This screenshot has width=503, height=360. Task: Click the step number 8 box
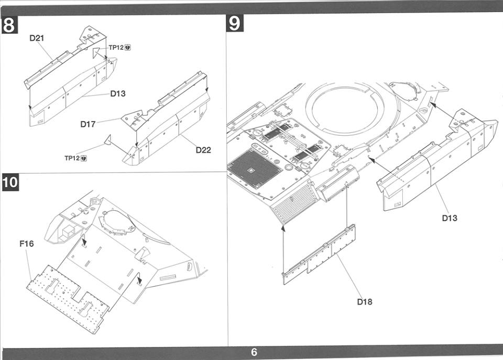point(8,25)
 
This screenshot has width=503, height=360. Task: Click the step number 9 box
point(235,23)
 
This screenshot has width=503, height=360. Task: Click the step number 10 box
point(10,182)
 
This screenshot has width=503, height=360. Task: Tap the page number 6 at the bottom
point(254,352)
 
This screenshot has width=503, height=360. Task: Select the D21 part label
point(37,38)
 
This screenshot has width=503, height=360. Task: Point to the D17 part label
point(88,124)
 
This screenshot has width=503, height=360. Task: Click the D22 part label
point(203,150)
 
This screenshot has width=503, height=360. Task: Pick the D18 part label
point(365,302)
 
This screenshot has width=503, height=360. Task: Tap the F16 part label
point(26,244)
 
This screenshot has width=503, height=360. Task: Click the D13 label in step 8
point(118,94)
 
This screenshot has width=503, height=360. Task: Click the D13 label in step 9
point(450,218)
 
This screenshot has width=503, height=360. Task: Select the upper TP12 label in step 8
point(116,48)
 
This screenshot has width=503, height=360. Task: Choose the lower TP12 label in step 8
point(72,158)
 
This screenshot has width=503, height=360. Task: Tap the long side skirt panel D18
point(319,255)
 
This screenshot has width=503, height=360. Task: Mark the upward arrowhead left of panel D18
point(283,228)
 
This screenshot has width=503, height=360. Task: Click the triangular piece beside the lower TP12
point(108,140)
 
